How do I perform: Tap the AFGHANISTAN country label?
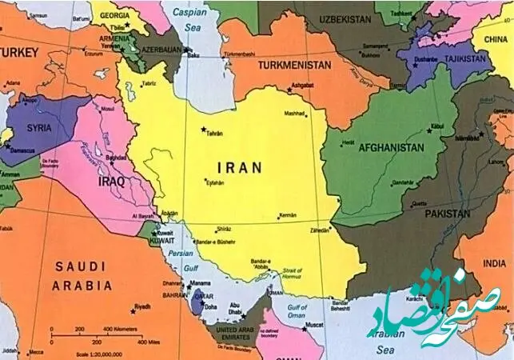pyautogui.click(x=391, y=148)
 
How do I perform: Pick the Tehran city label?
pyautogui.click(x=214, y=134)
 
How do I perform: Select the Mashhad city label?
pyautogui.click(x=295, y=114)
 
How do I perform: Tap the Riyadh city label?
pyautogui.click(x=142, y=306)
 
